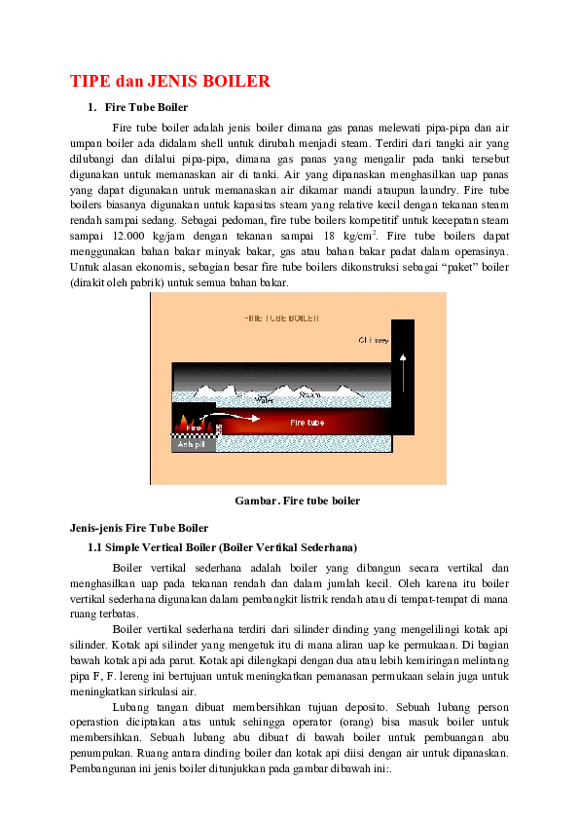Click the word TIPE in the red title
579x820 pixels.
pos(90,81)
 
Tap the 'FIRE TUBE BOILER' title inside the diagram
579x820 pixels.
pos(281,318)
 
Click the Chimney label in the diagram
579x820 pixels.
pos(374,341)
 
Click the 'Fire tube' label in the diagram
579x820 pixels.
pos(308,423)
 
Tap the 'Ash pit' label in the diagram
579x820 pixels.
pos(191,444)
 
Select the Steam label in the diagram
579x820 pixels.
pos(309,395)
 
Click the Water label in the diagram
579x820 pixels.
pos(264,399)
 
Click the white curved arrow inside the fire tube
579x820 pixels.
pos(237,418)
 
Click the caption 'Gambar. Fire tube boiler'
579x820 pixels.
pos(298,501)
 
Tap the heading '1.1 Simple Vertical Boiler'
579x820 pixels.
pos(222,546)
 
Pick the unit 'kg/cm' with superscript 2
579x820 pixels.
pos(357,236)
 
